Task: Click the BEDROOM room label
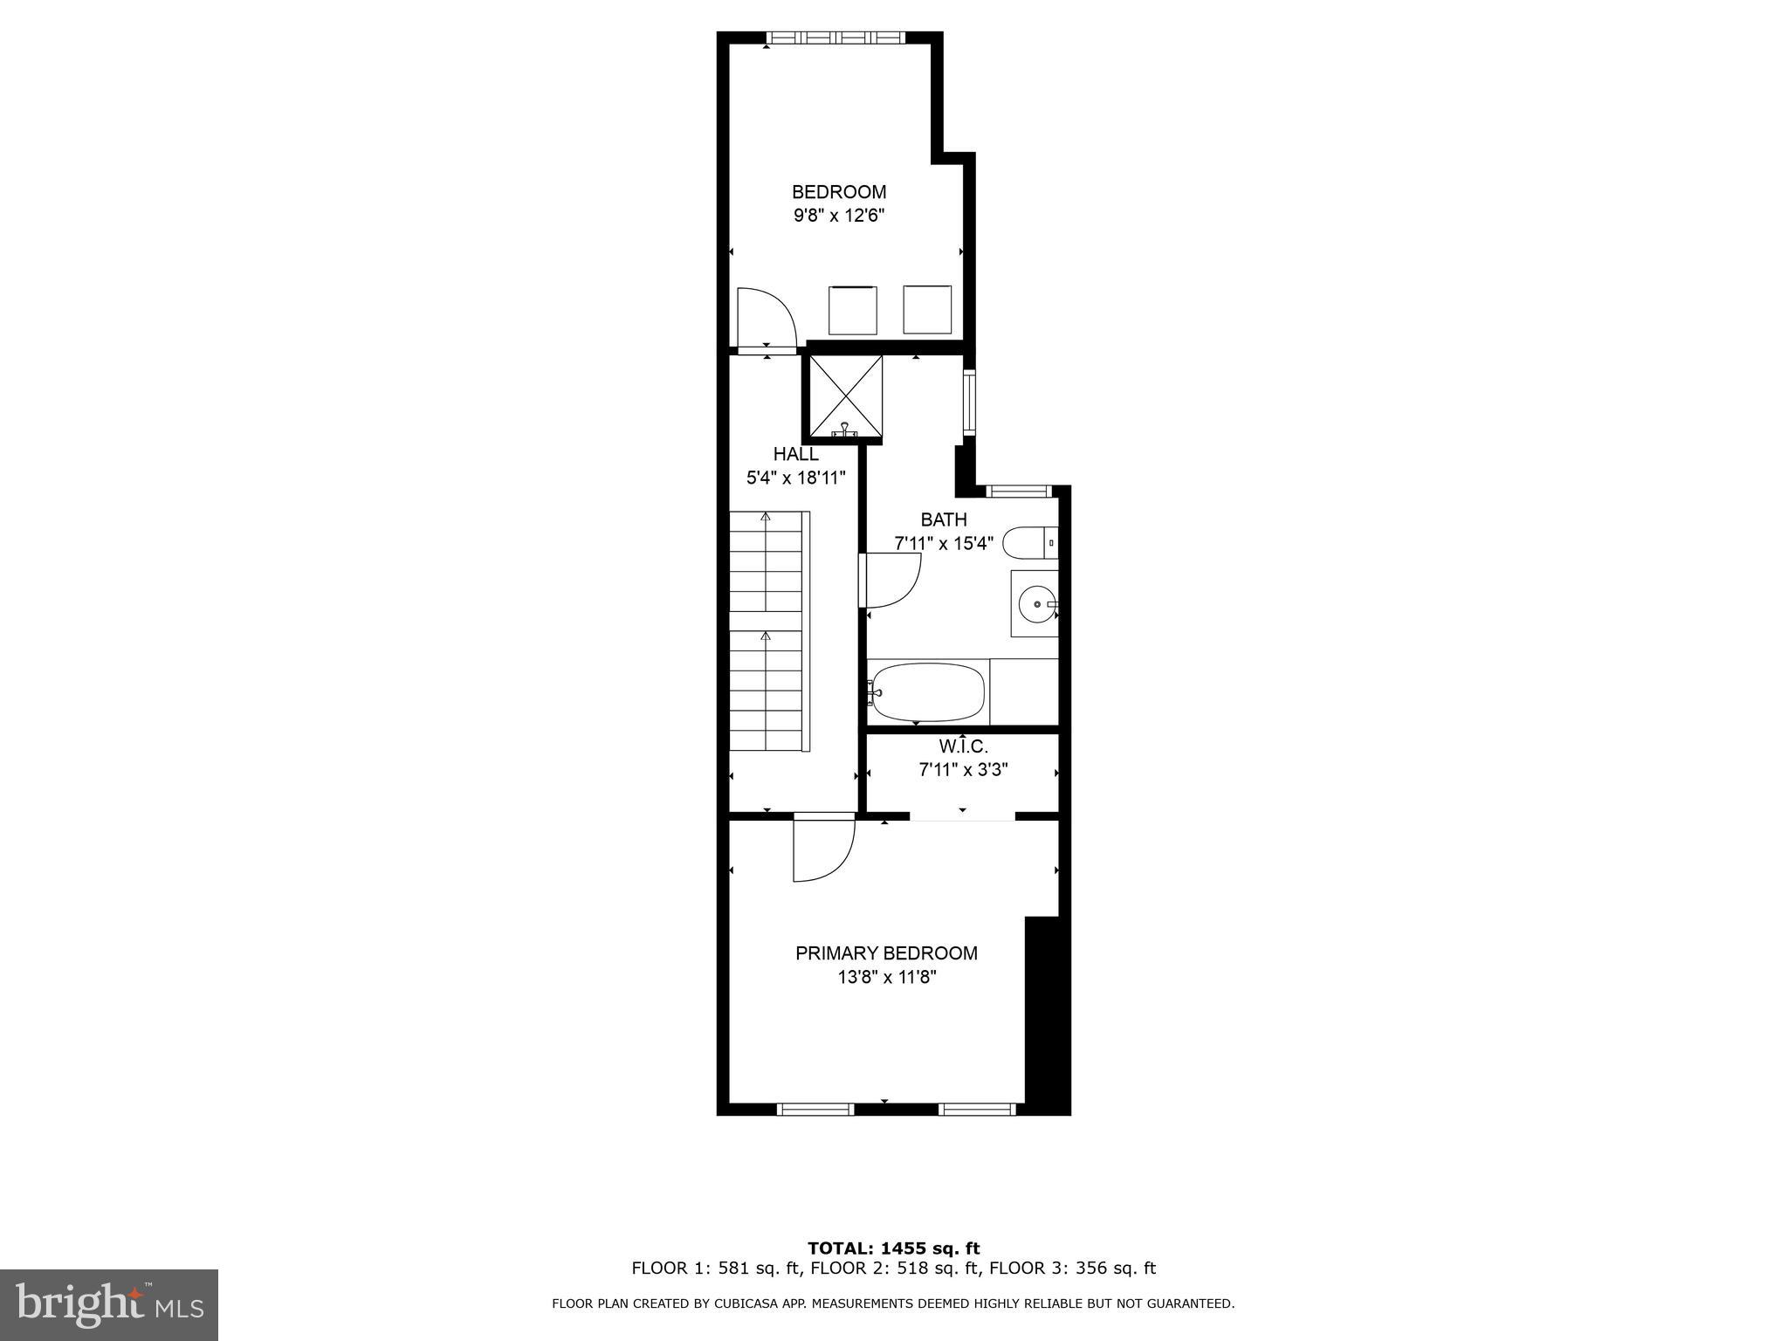pyautogui.click(x=838, y=192)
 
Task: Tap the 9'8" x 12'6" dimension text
pyautogui.click(x=838, y=216)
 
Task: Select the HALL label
pyautogui.click(x=795, y=454)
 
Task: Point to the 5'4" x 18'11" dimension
pyautogui.click(x=795, y=478)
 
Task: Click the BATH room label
pyautogui.click(x=944, y=519)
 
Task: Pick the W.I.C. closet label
pyautogui.click(x=963, y=747)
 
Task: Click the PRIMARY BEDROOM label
pyautogui.click(x=886, y=953)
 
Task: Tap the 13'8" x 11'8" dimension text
pyautogui.click(x=886, y=977)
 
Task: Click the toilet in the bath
pyautogui.click(x=1028, y=543)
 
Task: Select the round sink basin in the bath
pyautogui.click(x=1035, y=603)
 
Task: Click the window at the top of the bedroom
pyautogui.click(x=836, y=38)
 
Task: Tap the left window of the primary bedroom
pyautogui.click(x=815, y=1110)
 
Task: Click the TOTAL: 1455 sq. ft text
pyautogui.click(x=893, y=1248)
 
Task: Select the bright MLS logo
pyautogui.click(x=109, y=1304)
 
